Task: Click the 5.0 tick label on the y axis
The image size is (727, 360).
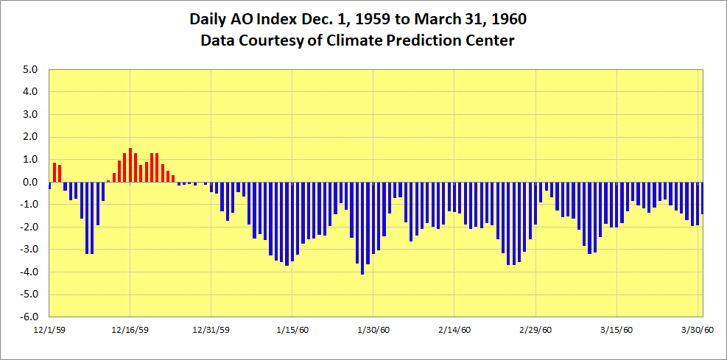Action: pos(29,70)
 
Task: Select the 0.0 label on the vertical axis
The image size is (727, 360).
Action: pos(29,183)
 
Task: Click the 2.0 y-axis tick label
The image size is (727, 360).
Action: pos(29,137)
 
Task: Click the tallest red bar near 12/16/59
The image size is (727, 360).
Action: pos(130,165)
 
